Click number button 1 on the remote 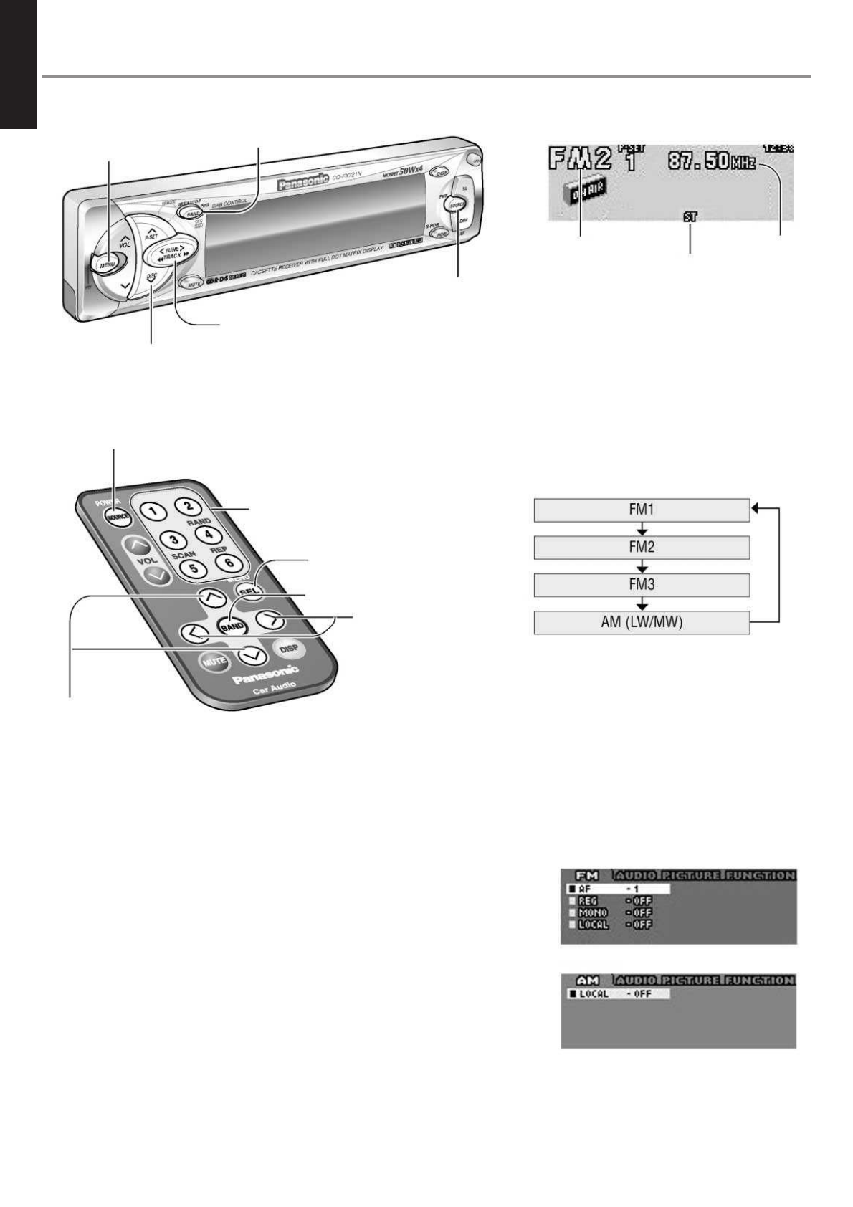pyautogui.click(x=154, y=511)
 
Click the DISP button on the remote pyautogui.click(x=289, y=649)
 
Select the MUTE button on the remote pyautogui.click(x=214, y=661)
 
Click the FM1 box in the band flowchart pyautogui.click(x=642, y=510)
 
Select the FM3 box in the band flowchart pyautogui.click(x=642, y=584)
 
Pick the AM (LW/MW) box pyautogui.click(x=642, y=622)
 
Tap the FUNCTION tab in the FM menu pyautogui.click(x=759, y=875)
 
